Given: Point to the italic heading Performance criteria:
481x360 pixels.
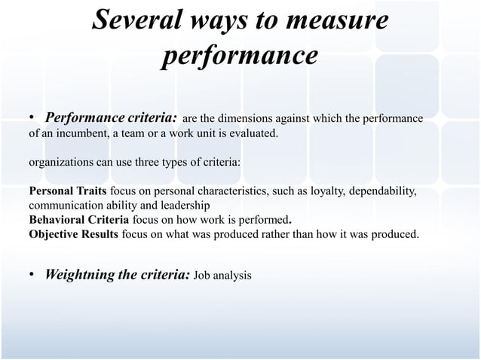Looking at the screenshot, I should click(112, 118).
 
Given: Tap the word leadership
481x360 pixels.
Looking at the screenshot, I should click(188, 205).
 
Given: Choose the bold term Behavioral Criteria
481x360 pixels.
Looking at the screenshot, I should click(78, 219).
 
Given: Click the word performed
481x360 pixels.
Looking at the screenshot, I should click(264, 219).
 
